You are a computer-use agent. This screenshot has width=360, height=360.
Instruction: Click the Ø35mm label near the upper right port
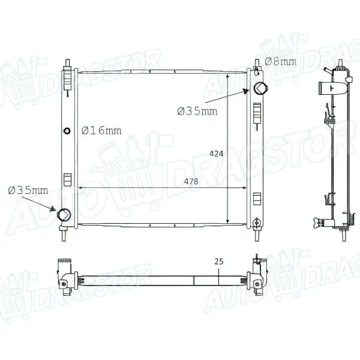point(197,111)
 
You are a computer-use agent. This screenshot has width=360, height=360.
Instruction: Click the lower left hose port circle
point(64,215)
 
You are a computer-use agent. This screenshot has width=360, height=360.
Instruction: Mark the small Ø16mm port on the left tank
point(67,130)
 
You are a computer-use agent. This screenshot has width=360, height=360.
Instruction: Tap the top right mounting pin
point(254,63)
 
